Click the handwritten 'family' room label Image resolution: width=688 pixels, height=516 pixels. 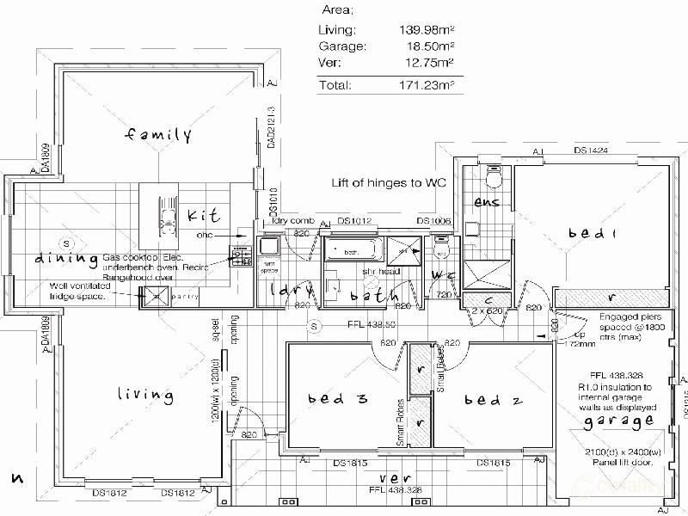(158, 135)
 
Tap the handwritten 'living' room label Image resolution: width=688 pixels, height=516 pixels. (144, 395)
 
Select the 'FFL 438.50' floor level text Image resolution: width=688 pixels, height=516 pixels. (371, 326)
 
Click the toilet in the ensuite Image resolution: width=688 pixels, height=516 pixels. (494, 177)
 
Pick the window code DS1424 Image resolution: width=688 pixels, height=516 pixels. (592, 151)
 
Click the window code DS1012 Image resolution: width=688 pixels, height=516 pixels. (354, 221)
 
